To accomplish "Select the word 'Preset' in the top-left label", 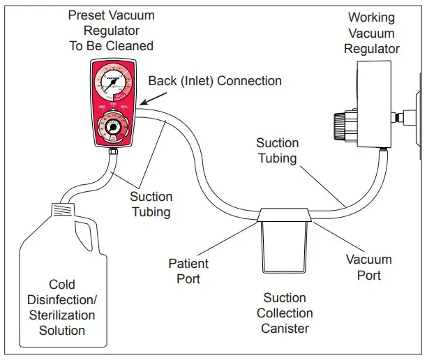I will click(87, 15).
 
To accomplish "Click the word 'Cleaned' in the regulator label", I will click(130, 46).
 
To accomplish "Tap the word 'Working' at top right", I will click(371, 17).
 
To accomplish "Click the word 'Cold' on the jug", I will click(62, 285).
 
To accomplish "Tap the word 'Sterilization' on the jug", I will click(62, 315).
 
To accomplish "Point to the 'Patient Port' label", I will click(188, 271).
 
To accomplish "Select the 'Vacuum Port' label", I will click(369, 267).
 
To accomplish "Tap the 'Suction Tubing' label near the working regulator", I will click(277, 151).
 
